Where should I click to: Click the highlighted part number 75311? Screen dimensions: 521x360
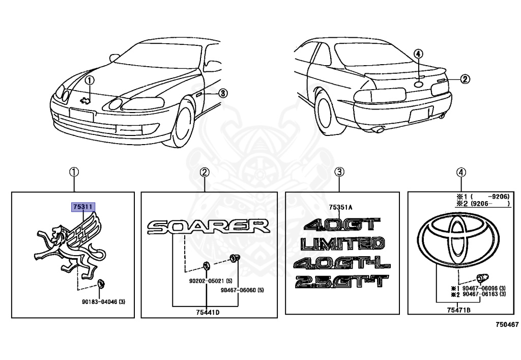(82, 207)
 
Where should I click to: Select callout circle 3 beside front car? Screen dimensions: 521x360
(223, 93)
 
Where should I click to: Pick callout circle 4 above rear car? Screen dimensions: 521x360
(418, 54)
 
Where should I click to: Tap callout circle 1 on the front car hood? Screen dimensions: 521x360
(90, 80)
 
